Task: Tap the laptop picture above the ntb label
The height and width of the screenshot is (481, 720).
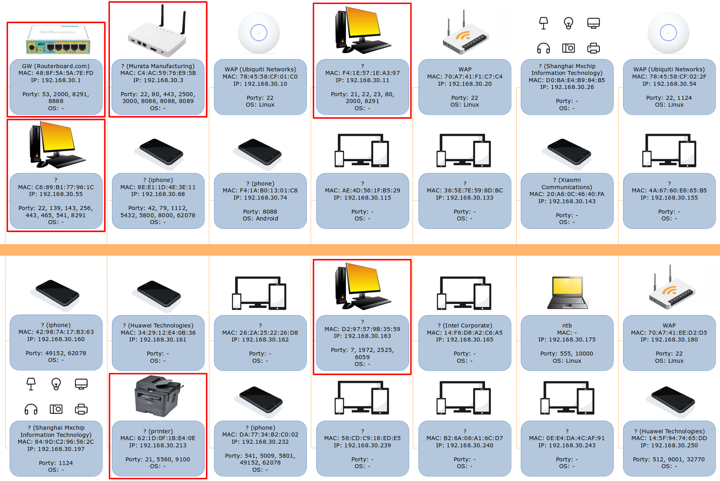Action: [x=567, y=293]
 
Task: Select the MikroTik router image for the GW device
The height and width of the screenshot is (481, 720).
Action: [x=58, y=40]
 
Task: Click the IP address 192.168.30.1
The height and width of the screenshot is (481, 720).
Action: [x=56, y=80]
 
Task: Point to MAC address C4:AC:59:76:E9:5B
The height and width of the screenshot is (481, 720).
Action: [x=158, y=73]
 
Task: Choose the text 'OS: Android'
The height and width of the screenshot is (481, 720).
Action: [x=260, y=218]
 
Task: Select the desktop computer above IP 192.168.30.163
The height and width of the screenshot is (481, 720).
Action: [x=363, y=286]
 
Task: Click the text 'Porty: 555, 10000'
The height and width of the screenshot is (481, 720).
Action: [x=567, y=354]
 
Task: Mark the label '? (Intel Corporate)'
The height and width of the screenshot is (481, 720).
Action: [x=465, y=325]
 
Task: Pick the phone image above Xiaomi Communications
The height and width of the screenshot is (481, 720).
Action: [x=566, y=154]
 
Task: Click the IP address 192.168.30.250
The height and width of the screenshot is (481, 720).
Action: [x=669, y=445]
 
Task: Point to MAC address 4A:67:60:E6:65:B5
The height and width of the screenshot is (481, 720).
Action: [x=669, y=190]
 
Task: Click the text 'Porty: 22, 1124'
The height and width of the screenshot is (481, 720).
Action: [x=669, y=98]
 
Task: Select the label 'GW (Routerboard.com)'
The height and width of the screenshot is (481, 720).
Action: [x=56, y=66]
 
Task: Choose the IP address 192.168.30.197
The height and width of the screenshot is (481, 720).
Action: [x=56, y=449]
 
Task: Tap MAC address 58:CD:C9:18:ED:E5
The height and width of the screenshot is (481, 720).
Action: [x=362, y=438]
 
